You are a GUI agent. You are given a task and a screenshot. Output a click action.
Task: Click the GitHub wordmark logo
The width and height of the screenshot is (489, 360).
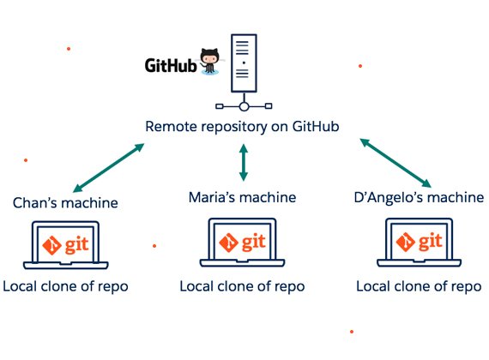coord(171,65)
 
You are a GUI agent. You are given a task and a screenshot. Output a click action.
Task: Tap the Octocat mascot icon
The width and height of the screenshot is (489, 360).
coord(209,62)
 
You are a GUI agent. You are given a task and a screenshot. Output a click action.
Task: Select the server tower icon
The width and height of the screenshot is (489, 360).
coord(244,63)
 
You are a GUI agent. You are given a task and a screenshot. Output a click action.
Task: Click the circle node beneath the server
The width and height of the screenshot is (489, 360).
coord(244,106)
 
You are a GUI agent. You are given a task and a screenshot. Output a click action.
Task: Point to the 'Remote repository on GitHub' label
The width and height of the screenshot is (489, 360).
coord(242,127)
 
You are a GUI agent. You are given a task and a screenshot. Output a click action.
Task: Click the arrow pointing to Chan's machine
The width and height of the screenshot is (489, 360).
coord(109,168)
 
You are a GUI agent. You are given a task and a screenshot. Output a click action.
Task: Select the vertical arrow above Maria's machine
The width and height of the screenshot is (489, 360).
coord(244,162)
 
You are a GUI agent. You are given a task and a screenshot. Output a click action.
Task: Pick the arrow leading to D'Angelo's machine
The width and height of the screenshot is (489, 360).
coord(395,163)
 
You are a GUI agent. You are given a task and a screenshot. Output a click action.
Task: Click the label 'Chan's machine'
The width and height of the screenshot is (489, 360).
coord(65,203)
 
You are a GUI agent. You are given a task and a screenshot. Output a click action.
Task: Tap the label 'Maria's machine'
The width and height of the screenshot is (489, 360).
coord(242,197)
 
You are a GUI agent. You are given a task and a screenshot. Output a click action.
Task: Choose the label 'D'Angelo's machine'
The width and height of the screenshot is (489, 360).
coord(419,197)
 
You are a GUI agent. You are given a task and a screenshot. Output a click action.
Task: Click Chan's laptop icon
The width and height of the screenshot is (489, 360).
coord(66,245)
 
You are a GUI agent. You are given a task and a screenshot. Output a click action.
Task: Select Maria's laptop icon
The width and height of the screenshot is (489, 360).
coord(242,243)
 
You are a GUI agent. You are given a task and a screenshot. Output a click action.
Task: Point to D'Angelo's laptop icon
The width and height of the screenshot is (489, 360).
coord(420,243)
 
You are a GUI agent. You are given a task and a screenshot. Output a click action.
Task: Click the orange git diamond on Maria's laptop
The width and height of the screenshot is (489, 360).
coord(229,243)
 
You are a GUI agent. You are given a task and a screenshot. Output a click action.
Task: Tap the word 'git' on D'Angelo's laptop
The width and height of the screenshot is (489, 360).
coord(431,242)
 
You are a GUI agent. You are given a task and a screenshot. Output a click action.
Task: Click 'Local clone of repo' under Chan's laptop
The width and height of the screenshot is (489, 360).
coord(65,287)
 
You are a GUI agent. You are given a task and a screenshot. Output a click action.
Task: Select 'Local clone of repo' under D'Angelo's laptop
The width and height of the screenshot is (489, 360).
coord(419,287)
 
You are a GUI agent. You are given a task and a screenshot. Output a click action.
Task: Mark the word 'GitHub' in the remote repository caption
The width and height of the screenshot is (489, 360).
coord(316,127)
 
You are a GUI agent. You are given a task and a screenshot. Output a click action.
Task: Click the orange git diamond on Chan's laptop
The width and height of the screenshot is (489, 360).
coord(52,245)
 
